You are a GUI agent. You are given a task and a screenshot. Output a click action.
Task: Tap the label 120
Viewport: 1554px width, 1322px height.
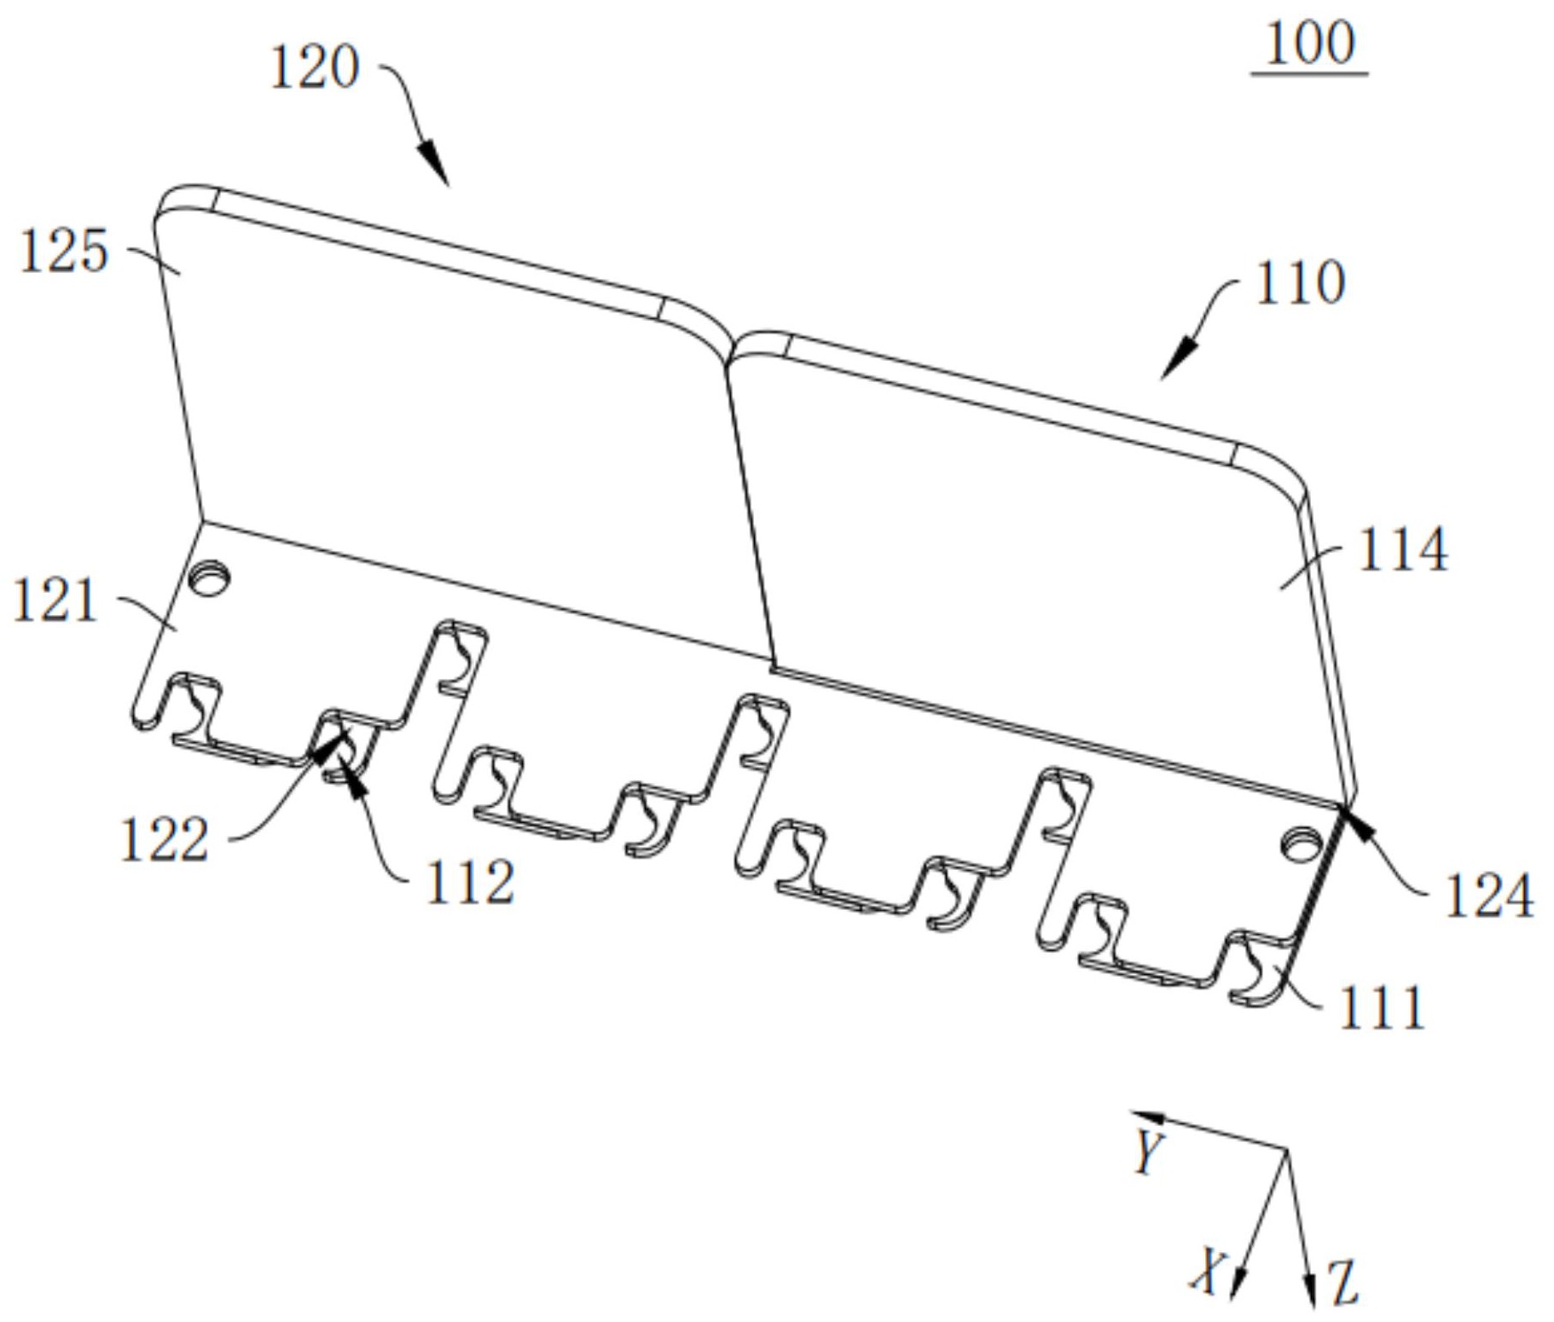tap(314, 68)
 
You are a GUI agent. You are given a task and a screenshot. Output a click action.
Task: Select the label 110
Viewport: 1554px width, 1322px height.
tap(1300, 284)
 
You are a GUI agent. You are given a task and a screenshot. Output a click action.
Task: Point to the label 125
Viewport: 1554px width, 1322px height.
tap(64, 252)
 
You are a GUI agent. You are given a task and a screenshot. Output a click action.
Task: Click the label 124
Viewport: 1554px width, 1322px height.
tap(1489, 896)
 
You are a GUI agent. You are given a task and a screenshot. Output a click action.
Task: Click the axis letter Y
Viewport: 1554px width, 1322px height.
tap(1149, 1152)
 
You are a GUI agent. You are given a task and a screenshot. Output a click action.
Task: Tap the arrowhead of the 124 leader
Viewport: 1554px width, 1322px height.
tap(1354, 818)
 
